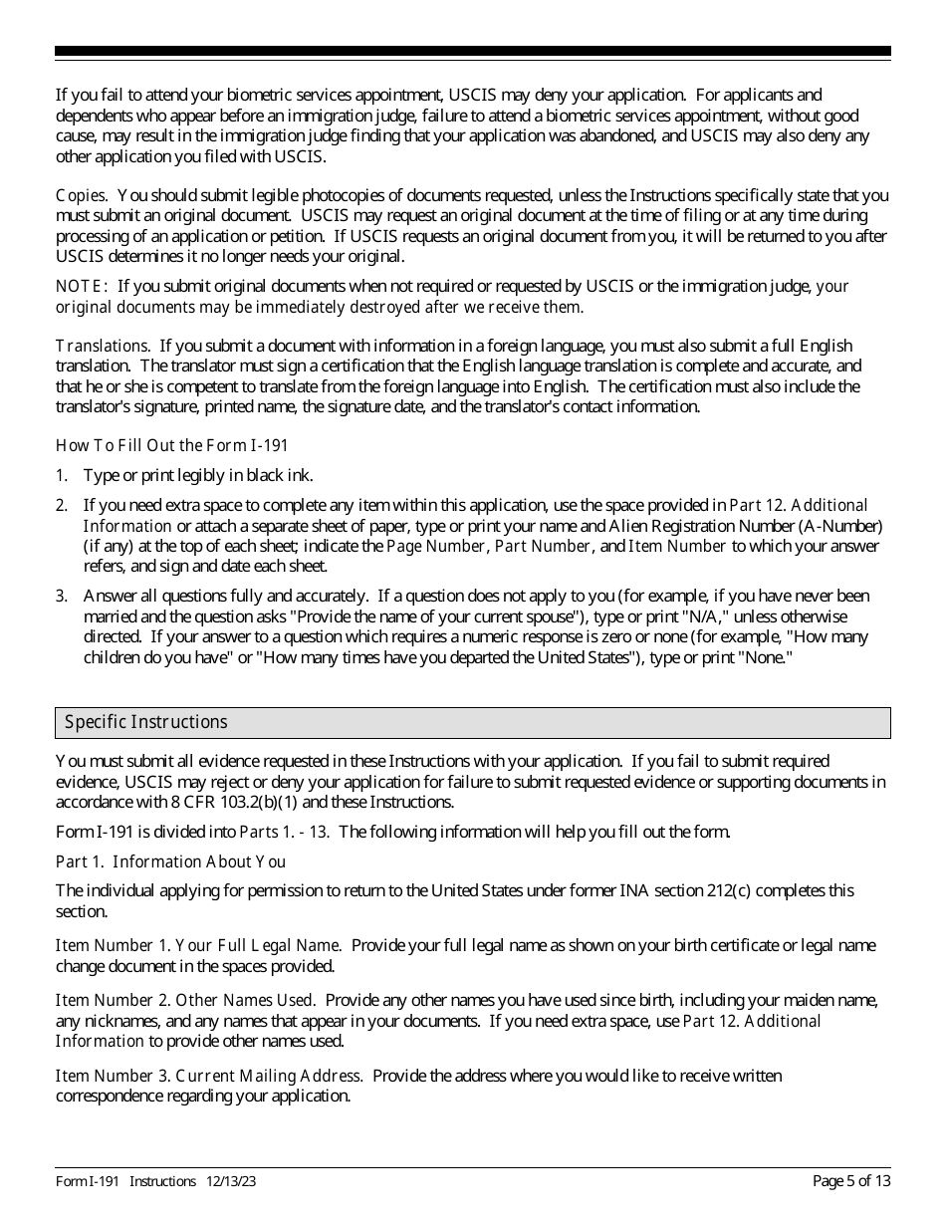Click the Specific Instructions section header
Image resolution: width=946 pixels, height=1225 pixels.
click(x=145, y=722)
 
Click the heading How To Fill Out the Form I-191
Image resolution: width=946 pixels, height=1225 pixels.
click(x=172, y=445)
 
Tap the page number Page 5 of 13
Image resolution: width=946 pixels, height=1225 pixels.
click(x=851, y=1181)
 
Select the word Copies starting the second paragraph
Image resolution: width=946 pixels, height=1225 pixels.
click(x=81, y=195)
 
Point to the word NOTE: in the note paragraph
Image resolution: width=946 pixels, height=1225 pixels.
click(x=83, y=287)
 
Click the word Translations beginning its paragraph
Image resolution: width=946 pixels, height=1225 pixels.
click(x=103, y=346)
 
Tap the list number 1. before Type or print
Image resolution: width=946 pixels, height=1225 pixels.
click(x=62, y=476)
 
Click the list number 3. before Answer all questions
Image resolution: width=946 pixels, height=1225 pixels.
click(x=62, y=596)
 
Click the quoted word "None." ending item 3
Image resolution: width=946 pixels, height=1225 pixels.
click(x=754, y=658)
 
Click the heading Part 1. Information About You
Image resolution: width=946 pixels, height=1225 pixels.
click(x=170, y=861)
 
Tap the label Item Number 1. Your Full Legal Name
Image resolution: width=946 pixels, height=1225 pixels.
click(x=198, y=945)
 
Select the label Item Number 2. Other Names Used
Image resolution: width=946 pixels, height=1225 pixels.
click(x=185, y=1000)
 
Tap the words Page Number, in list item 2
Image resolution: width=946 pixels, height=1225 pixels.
click(x=438, y=546)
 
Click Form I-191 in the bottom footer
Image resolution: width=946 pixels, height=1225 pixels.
click(x=88, y=1181)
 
